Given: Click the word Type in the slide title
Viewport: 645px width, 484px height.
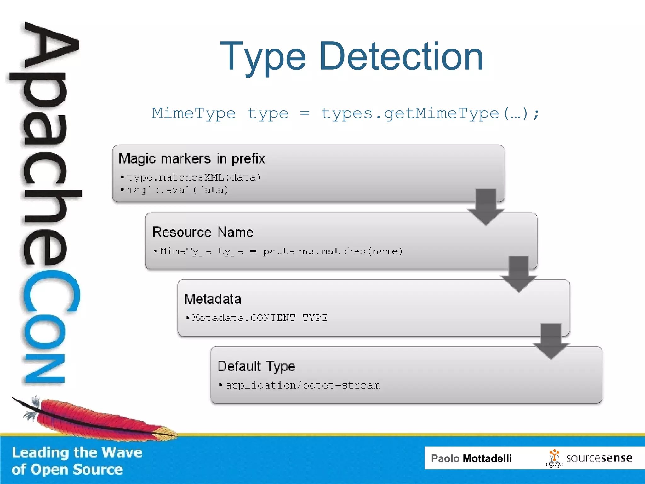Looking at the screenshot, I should [x=263, y=57].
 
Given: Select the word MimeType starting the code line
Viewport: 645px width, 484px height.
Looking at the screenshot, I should [x=194, y=113].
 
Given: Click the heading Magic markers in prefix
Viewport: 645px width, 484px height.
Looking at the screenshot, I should [x=192, y=158].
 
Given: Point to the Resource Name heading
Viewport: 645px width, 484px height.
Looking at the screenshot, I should [x=203, y=232].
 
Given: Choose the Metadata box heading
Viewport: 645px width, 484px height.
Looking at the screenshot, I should [x=213, y=299].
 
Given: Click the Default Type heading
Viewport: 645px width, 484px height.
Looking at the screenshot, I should [x=256, y=366].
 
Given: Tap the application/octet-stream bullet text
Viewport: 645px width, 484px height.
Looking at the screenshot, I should [x=302, y=385].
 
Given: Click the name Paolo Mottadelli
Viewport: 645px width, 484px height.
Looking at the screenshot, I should [x=471, y=458].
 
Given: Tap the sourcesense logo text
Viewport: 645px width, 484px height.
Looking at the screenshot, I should [x=599, y=458].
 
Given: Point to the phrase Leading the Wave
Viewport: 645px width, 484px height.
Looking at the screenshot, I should [x=77, y=452].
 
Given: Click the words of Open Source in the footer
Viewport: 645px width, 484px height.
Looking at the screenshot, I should [x=67, y=470].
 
